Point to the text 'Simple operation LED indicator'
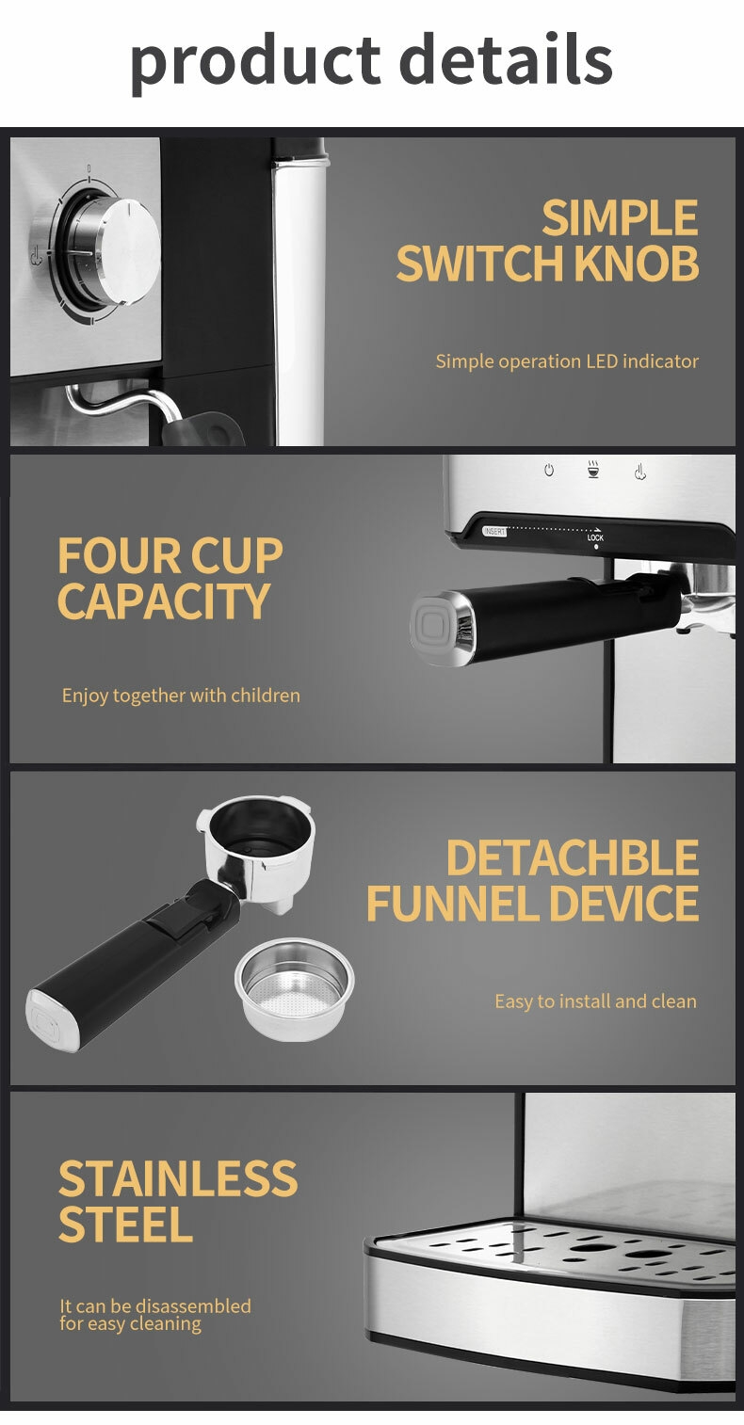coord(567,361)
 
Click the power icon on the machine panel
coord(549,470)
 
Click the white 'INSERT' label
coord(494,531)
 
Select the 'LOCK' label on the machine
coord(595,537)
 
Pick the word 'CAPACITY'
coord(164,601)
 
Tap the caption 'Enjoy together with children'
coord(181,696)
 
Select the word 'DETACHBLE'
coord(573,858)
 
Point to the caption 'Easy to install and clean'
coord(596,1001)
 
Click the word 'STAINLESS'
coord(178,1178)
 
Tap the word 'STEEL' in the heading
coord(125,1225)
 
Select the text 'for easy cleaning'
coord(131,1324)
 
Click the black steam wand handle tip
coord(203,429)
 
